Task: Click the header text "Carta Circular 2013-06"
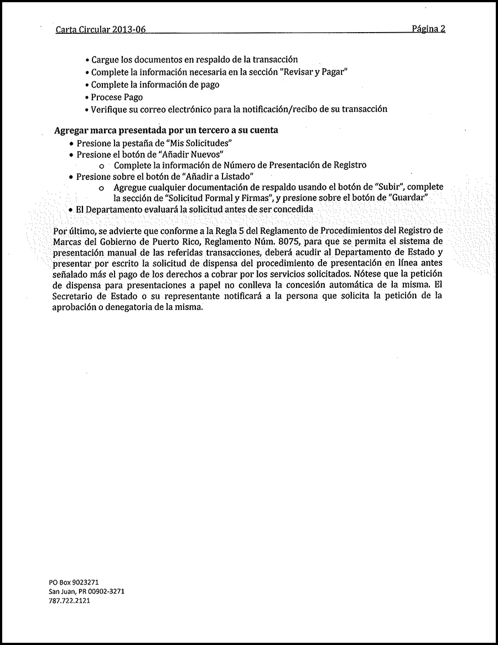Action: coord(101,30)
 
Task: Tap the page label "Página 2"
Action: coord(428,29)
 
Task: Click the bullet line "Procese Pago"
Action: coord(117,97)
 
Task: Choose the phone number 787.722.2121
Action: coord(70,600)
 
